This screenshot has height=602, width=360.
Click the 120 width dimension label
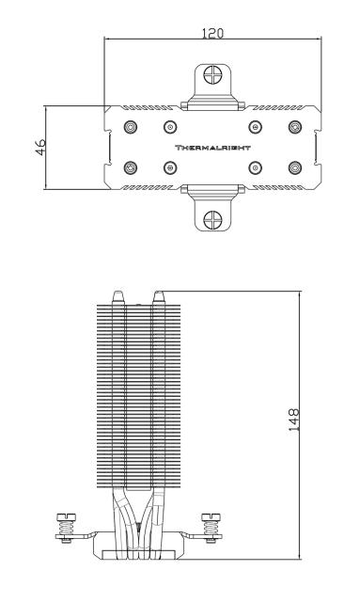click(212, 34)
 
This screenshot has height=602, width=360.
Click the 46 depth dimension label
click(40, 147)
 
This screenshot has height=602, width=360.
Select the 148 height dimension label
click(293, 420)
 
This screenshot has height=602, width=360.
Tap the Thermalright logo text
click(212, 148)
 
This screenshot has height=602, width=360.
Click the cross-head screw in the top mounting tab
click(212, 74)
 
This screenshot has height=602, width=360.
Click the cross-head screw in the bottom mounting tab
click(212, 220)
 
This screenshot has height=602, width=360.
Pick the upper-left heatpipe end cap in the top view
click(131, 127)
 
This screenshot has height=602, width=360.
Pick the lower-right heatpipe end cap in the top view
click(295, 167)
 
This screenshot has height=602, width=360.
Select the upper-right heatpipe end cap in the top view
click(295, 127)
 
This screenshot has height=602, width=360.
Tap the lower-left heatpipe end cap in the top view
click(131, 167)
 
